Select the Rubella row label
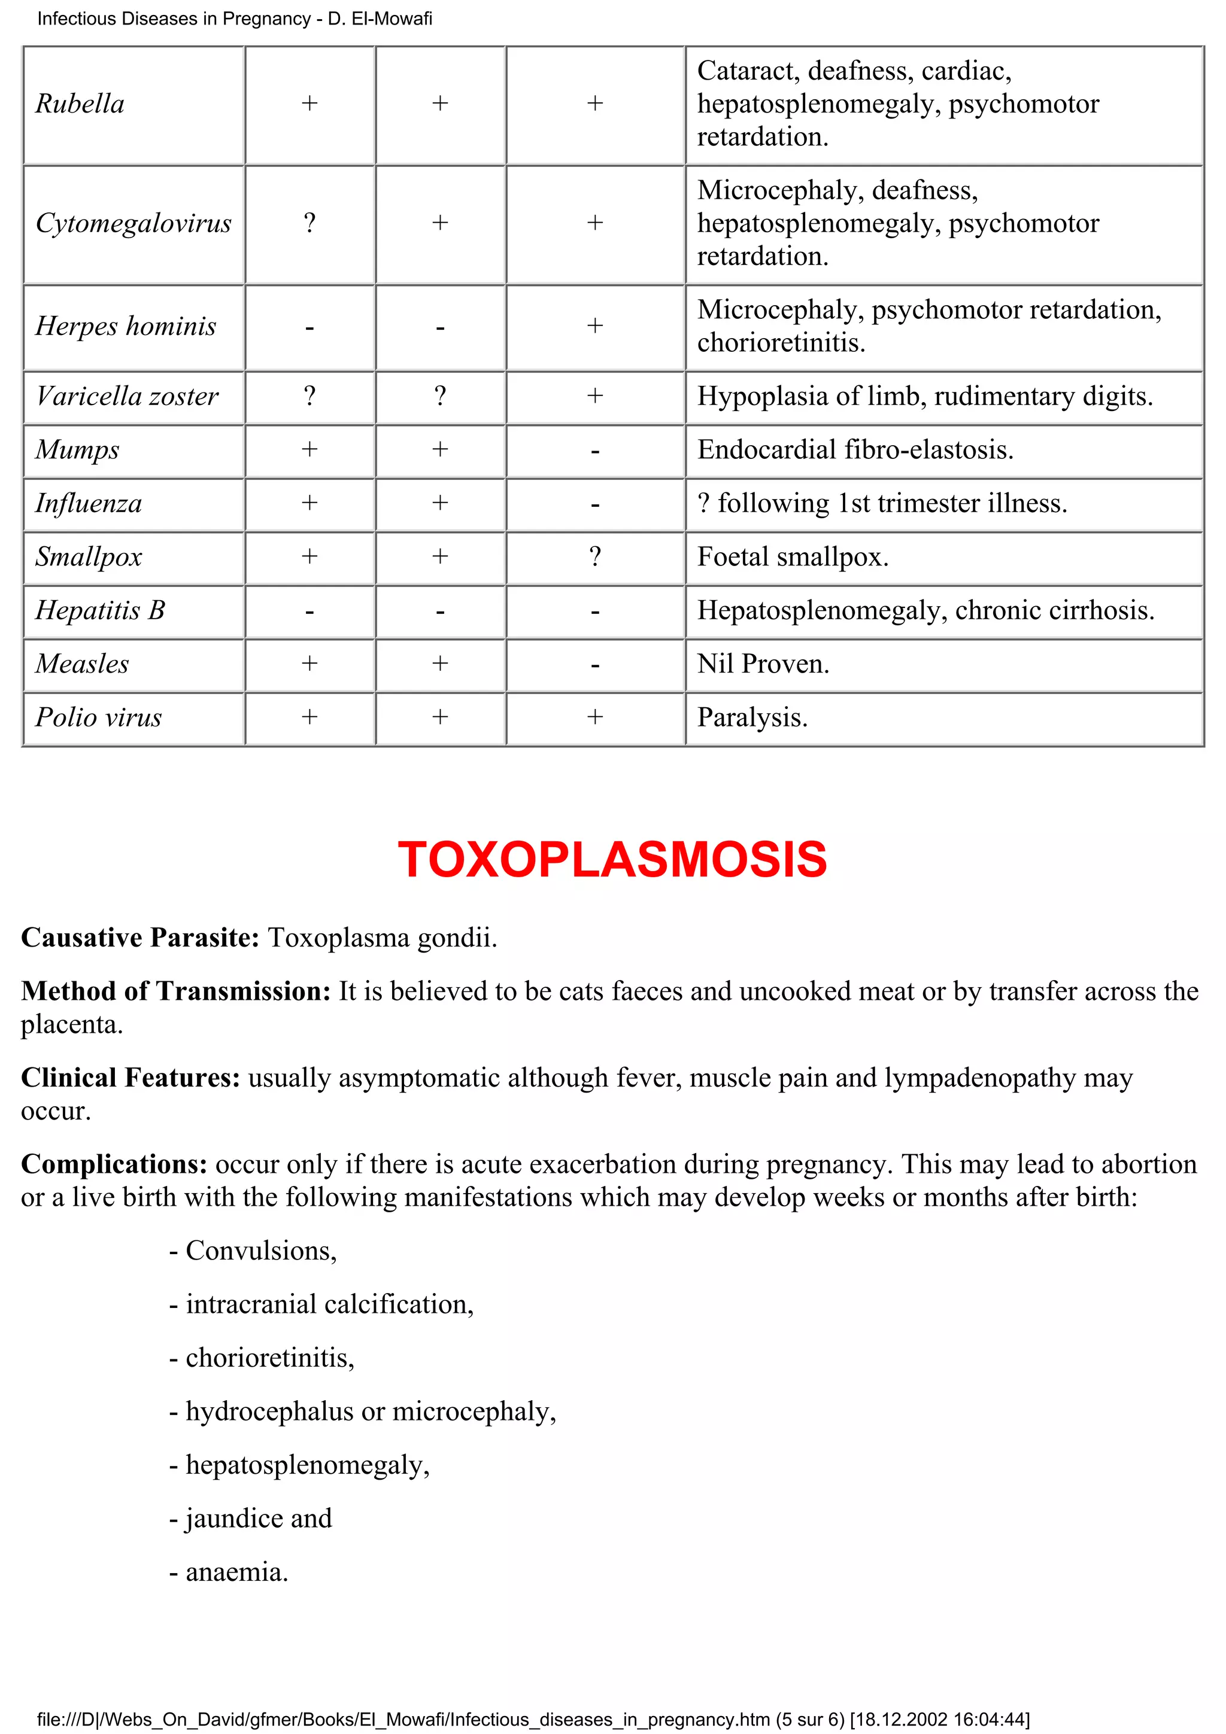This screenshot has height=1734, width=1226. point(80,104)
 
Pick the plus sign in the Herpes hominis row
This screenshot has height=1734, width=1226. point(594,326)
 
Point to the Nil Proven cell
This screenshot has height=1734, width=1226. point(763,664)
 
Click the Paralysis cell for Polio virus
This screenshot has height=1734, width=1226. point(752,717)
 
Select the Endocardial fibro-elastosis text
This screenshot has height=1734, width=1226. point(854,450)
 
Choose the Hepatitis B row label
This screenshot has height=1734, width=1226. point(100,610)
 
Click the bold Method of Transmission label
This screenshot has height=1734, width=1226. point(175,991)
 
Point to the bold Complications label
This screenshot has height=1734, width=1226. point(113,1164)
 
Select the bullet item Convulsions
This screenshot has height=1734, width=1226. point(253,1251)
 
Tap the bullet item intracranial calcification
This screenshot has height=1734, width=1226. point(322,1304)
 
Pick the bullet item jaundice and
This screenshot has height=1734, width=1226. point(251,1518)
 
